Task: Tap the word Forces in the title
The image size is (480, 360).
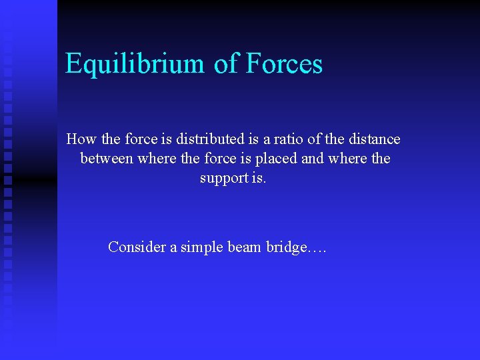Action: pos(284,64)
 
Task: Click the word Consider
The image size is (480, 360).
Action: pos(137,247)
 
